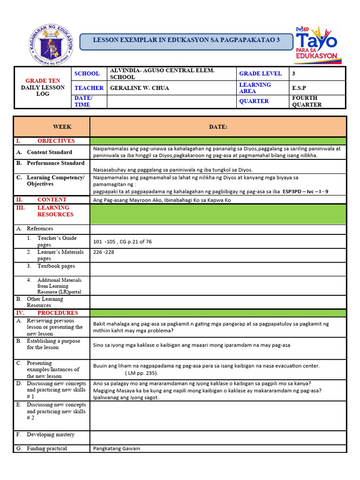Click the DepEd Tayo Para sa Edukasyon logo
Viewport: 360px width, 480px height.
click(x=316, y=45)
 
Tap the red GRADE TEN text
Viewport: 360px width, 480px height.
click(x=43, y=81)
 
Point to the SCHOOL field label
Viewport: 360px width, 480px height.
click(x=87, y=73)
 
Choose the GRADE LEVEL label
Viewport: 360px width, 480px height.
click(x=260, y=73)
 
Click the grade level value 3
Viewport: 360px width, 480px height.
click(x=293, y=73)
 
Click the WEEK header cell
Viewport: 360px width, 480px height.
click(x=62, y=127)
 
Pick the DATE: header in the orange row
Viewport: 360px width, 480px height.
click(x=218, y=127)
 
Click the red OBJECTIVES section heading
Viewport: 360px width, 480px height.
click(x=56, y=141)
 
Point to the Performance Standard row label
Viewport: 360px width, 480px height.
click(x=55, y=163)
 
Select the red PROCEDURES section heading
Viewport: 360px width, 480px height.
click(x=58, y=313)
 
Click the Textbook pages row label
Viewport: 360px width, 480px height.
click(x=56, y=266)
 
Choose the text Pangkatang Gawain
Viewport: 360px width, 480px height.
click(x=117, y=449)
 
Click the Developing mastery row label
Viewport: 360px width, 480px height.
click(x=50, y=435)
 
